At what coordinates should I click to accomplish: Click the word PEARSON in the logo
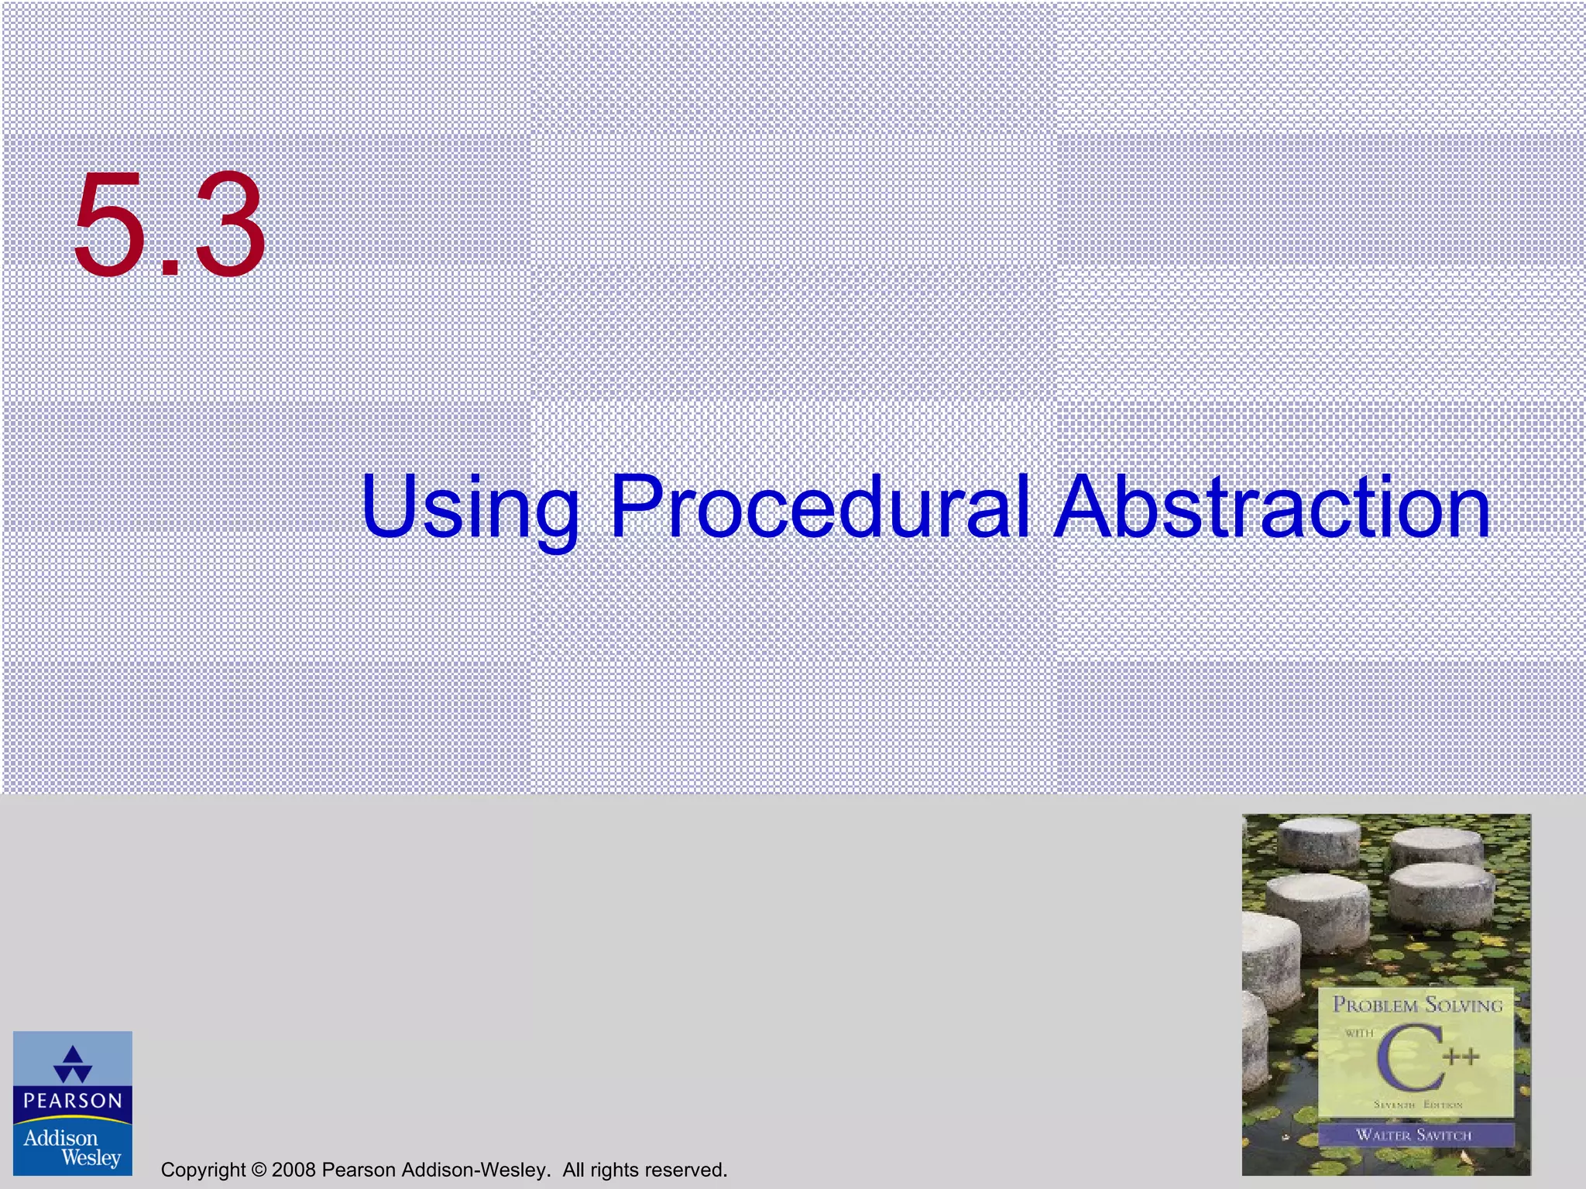pos(73,1101)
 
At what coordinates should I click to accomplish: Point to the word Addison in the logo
pos(60,1138)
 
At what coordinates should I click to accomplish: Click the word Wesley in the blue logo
pos(91,1158)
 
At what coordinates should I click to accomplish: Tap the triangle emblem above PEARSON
pos(73,1064)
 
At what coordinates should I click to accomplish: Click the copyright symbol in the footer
pos(259,1170)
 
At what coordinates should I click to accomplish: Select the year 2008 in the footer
pos(294,1170)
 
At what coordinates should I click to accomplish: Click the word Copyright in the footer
pos(203,1170)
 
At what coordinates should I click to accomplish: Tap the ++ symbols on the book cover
pos(1461,1057)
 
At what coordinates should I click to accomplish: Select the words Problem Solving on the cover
pos(1417,1005)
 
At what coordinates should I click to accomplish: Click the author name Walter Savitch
pos(1414,1135)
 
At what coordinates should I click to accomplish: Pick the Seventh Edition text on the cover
pos(1418,1105)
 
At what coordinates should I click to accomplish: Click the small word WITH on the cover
pos(1359,1033)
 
